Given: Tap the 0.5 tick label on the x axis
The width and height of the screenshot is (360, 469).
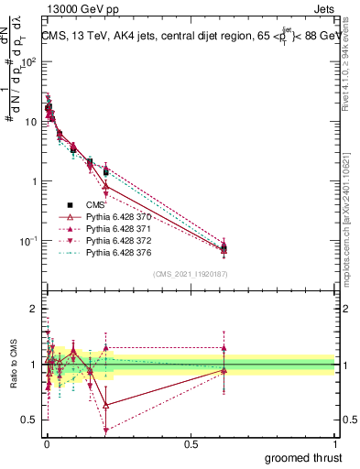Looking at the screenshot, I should tap(191, 444).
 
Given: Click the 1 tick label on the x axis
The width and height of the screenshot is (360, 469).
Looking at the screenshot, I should tap(334, 444).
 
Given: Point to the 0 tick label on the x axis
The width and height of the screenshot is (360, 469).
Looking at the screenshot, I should tap(47, 444).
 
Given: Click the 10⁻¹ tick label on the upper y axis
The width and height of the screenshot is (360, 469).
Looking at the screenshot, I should tap(28, 241).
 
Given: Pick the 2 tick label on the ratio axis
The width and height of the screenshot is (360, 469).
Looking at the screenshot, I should tap(33, 309).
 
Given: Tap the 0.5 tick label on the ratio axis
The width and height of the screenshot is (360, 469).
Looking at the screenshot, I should tap(28, 420).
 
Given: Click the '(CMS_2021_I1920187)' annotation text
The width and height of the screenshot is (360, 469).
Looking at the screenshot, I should tap(191, 274).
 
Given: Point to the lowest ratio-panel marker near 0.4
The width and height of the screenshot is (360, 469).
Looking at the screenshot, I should tap(106, 430).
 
